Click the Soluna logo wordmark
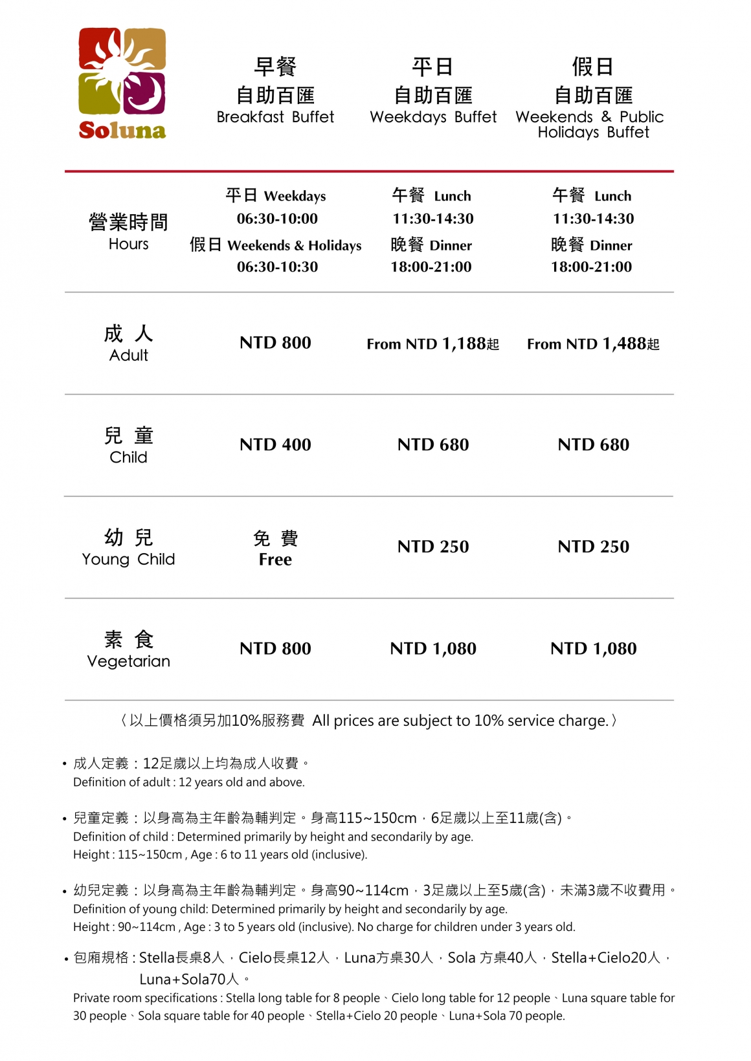(x=122, y=130)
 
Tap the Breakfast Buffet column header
(x=275, y=117)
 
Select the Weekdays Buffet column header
(x=433, y=117)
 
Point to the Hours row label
(x=128, y=244)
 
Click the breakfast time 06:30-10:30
(x=277, y=267)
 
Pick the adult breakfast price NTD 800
(x=275, y=343)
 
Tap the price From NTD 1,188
(x=432, y=344)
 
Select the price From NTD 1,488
(x=593, y=344)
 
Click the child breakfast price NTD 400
(x=275, y=444)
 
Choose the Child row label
(x=128, y=457)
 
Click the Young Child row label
(x=128, y=559)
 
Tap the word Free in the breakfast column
(x=275, y=560)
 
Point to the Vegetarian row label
(x=128, y=661)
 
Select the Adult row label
(x=128, y=355)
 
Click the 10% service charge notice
(x=369, y=721)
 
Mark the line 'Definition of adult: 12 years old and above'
(x=188, y=782)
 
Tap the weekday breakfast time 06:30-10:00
(x=277, y=219)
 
